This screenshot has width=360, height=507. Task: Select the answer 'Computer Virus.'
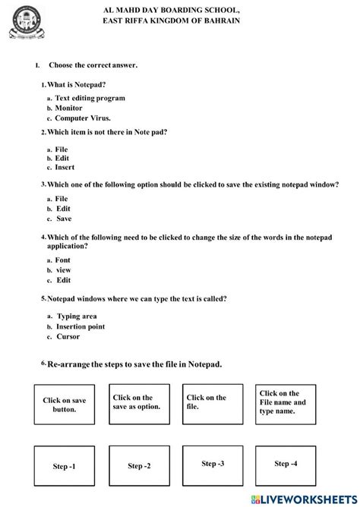click(x=83, y=118)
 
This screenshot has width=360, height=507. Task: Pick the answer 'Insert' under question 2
click(x=65, y=167)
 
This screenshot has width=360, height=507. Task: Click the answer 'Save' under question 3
click(x=65, y=218)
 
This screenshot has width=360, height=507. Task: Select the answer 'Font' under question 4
click(x=63, y=260)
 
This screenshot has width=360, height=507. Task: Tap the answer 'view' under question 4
click(x=63, y=269)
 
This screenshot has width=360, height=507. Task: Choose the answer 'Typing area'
click(x=77, y=316)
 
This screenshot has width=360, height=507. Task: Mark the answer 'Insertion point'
click(x=81, y=326)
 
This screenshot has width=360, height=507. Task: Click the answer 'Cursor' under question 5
click(x=68, y=336)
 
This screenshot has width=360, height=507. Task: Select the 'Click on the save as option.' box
click(x=137, y=403)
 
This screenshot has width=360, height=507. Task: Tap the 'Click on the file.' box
click(x=212, y=403)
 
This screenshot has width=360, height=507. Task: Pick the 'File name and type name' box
click(x=285, y=403)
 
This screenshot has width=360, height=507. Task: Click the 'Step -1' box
click(x=65, y=465)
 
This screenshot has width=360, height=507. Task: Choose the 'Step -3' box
click(x=213, y=464)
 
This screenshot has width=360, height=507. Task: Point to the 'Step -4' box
click(x=286, y=464)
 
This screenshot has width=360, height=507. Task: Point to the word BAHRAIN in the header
click(x=219, y=20)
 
